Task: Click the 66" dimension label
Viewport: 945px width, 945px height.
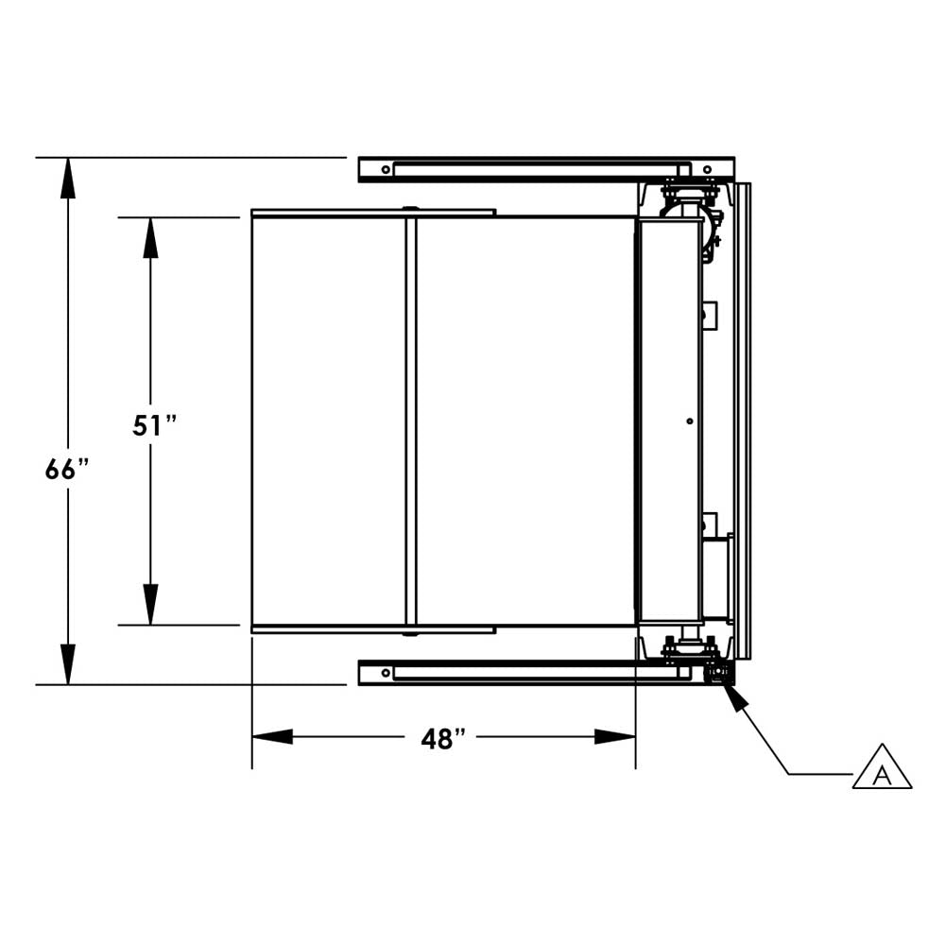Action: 67,469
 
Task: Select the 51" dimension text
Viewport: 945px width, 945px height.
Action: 155,425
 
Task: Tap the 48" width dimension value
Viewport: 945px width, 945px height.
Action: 443,739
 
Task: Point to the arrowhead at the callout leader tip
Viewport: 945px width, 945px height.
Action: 736,696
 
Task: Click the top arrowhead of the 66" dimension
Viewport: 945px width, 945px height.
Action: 68,178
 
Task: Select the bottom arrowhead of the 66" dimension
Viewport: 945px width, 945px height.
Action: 68,664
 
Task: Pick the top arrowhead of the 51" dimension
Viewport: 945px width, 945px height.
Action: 150,237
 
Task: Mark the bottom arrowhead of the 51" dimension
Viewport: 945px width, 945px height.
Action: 150,605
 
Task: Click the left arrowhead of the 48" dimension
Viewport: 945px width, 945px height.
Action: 272,736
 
